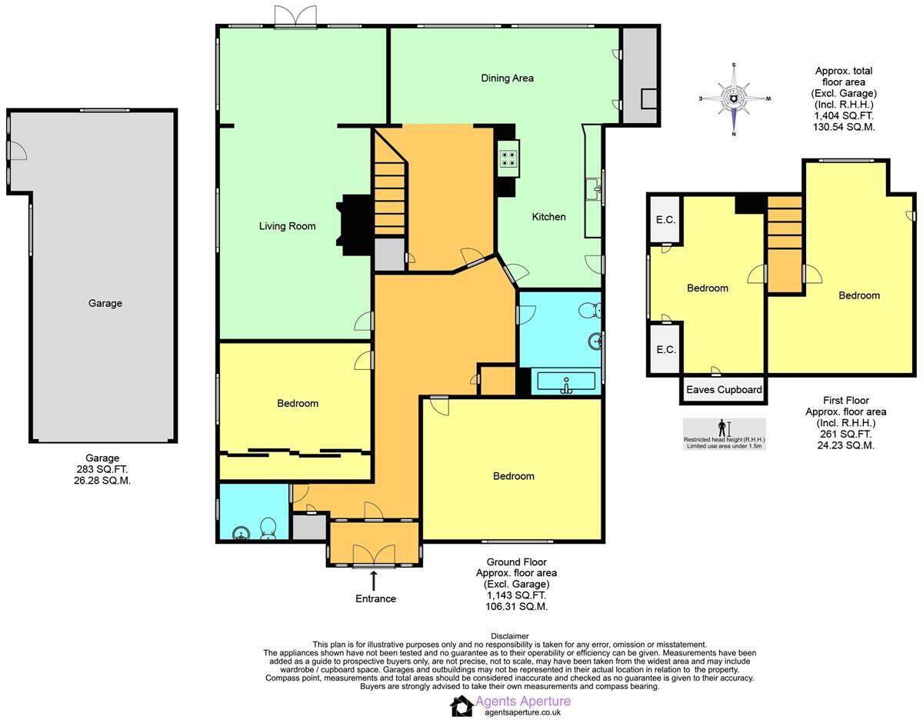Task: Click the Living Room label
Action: click(x=287, y=226)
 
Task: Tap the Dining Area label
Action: click(x=507, y=78)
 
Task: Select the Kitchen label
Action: click(x=548, y=217)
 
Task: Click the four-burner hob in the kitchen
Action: click(x=509, y=159)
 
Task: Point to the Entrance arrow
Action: click(x=375, y=580)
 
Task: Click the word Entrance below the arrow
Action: click(x=375, y=598)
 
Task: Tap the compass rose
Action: click(x=734, y=99)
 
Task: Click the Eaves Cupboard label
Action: click(x=724, y=390)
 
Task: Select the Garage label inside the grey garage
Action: click(x=105, y=303)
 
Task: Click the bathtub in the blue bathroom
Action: click(x=566, y=382)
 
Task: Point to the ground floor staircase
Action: click(x=390, y=192)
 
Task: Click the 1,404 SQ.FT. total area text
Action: click(x=843, y=115)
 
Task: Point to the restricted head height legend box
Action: click(x=724, y=434)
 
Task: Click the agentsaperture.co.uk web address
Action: click(x=522, y=713)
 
